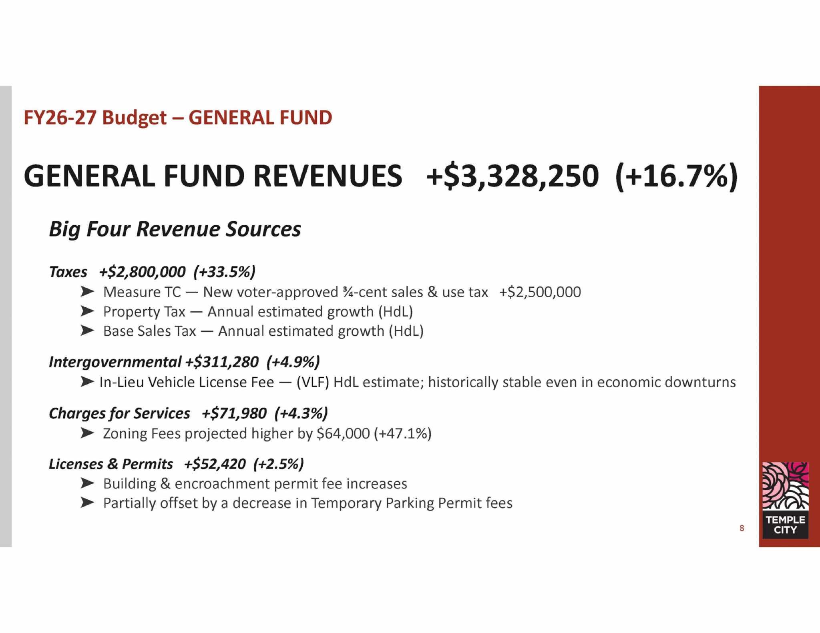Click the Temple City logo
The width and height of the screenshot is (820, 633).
(x=785, y=500)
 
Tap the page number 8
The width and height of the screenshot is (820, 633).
(x=742, y=528)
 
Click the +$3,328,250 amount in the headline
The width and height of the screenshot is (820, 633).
(x=513, y=176)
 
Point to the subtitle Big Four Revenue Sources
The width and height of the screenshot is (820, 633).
(x=175, y=230)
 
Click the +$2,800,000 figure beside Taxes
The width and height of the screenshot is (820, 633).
(x=143, y=272)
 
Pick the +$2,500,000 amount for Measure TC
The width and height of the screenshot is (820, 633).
(x=540, y=292)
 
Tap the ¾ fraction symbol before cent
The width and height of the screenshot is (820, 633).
(x=348, y=292)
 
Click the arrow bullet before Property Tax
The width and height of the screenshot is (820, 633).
(x=87, y=311)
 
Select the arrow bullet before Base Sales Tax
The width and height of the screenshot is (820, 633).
(x=87, y=331)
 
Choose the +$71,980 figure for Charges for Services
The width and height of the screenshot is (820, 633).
(x=234, y=413)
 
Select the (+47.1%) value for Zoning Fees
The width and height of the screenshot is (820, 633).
(x=403, y=433)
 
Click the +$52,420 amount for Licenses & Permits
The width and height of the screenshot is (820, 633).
(x=215, y=464)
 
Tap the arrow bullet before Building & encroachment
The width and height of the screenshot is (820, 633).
(x=87, y=483)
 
